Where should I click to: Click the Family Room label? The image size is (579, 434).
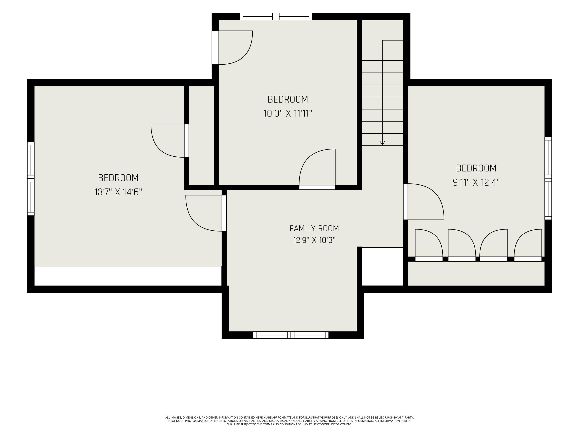click(x=314, y=228)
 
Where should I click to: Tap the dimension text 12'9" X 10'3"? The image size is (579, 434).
click(x=314, y=240)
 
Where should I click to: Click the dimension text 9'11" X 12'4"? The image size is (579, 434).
click(x=476, y=182)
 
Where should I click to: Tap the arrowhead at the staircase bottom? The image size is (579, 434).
click(x=382, y=143)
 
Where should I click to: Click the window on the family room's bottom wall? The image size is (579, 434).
click(x=290, y=335)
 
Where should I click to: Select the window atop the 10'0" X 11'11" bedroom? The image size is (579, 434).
click(x=276, y=16)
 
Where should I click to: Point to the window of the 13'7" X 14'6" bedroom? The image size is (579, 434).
click(x=31, y=178)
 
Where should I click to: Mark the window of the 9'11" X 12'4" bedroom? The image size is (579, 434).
click(x=548, y=178)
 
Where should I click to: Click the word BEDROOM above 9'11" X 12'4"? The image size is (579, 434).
click(x=476, y=168)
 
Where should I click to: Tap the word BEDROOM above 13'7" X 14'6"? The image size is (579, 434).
click(x=118, y=178)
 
